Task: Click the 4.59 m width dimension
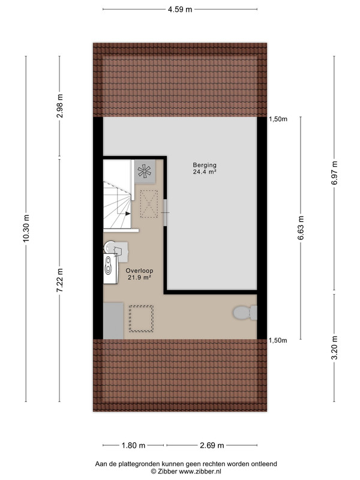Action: [x=180, y=10]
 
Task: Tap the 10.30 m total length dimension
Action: [x=26, y=229]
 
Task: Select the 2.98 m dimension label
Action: [x=60, y=106]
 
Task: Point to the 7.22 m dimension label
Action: [x=60, y=280]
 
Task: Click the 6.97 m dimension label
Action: [x=334, y=173]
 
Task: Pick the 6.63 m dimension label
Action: [x=301, y=228]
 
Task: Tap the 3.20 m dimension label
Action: [x=334, y=348]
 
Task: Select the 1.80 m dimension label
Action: [x=133, y=445]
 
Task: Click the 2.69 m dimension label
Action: [x=212, y=445]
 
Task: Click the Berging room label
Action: [x=205, y=165]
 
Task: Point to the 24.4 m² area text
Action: [x=205, y=172]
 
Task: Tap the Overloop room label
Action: [x=139, y=271]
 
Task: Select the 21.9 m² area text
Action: [x=139, y=278]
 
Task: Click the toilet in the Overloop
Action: [x=245, y=313]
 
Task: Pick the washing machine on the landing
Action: [x=110, y=268]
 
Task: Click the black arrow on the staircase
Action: [x=128, y=214]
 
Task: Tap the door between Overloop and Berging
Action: [x=166, y=213]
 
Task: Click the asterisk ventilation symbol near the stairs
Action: [x=145, y=172]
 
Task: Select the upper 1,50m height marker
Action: [x=278, y=119]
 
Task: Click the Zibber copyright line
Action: [x=186, y=472]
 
